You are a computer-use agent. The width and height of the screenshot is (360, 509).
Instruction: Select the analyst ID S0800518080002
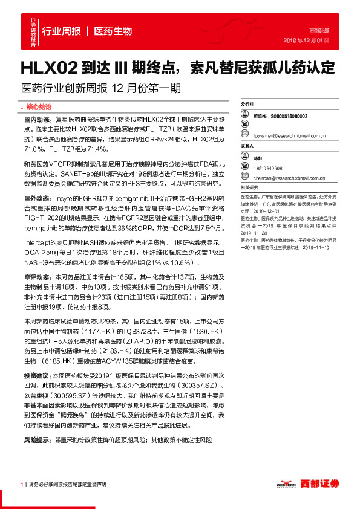pyautogui.click(x=290, y=115)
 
